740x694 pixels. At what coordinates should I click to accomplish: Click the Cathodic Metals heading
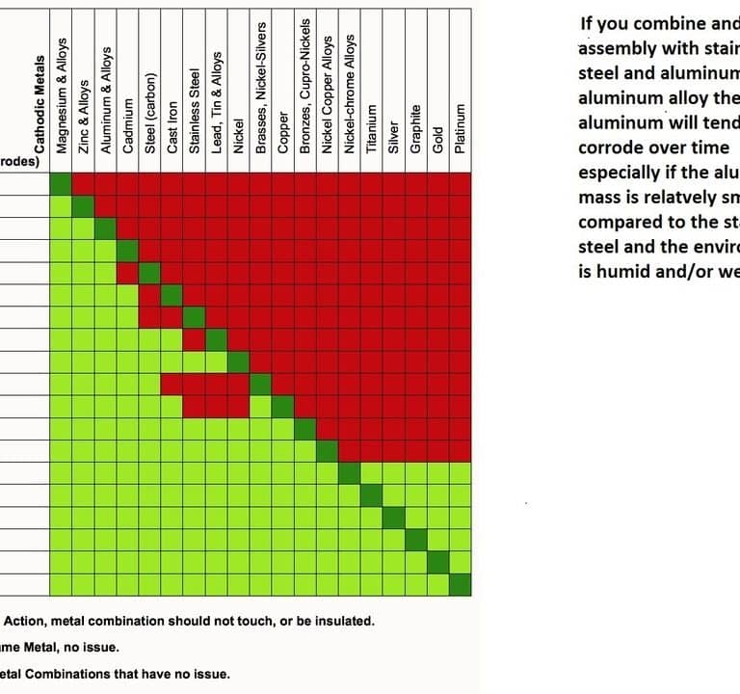(40, 105)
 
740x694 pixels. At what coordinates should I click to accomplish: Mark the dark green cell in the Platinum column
(461, 584)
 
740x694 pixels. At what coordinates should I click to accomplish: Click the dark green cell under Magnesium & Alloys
(62, 184)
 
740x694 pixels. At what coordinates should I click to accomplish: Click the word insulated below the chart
(336, 621)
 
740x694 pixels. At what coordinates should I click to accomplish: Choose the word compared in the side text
(621, 223)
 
